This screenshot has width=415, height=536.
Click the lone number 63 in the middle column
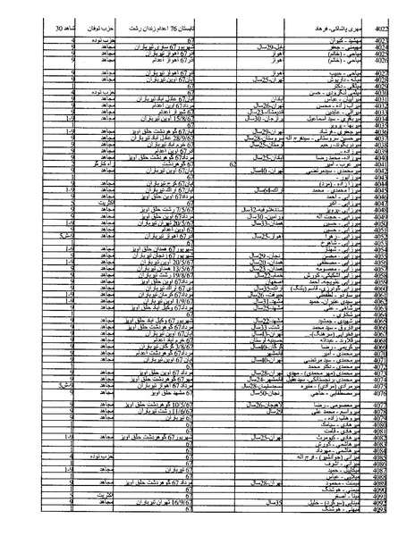(x=232, y=165)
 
